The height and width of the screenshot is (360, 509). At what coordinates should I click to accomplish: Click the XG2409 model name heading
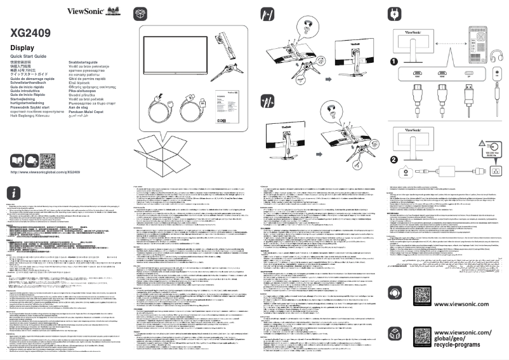click(30, 32)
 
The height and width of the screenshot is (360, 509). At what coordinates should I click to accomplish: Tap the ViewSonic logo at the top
click(84, 11)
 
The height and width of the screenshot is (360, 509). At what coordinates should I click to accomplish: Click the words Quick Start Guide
click(29, 57)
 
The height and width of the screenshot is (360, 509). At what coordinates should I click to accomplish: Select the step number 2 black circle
click(394, 159)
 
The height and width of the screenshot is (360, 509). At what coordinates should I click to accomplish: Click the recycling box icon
click(395, 335)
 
